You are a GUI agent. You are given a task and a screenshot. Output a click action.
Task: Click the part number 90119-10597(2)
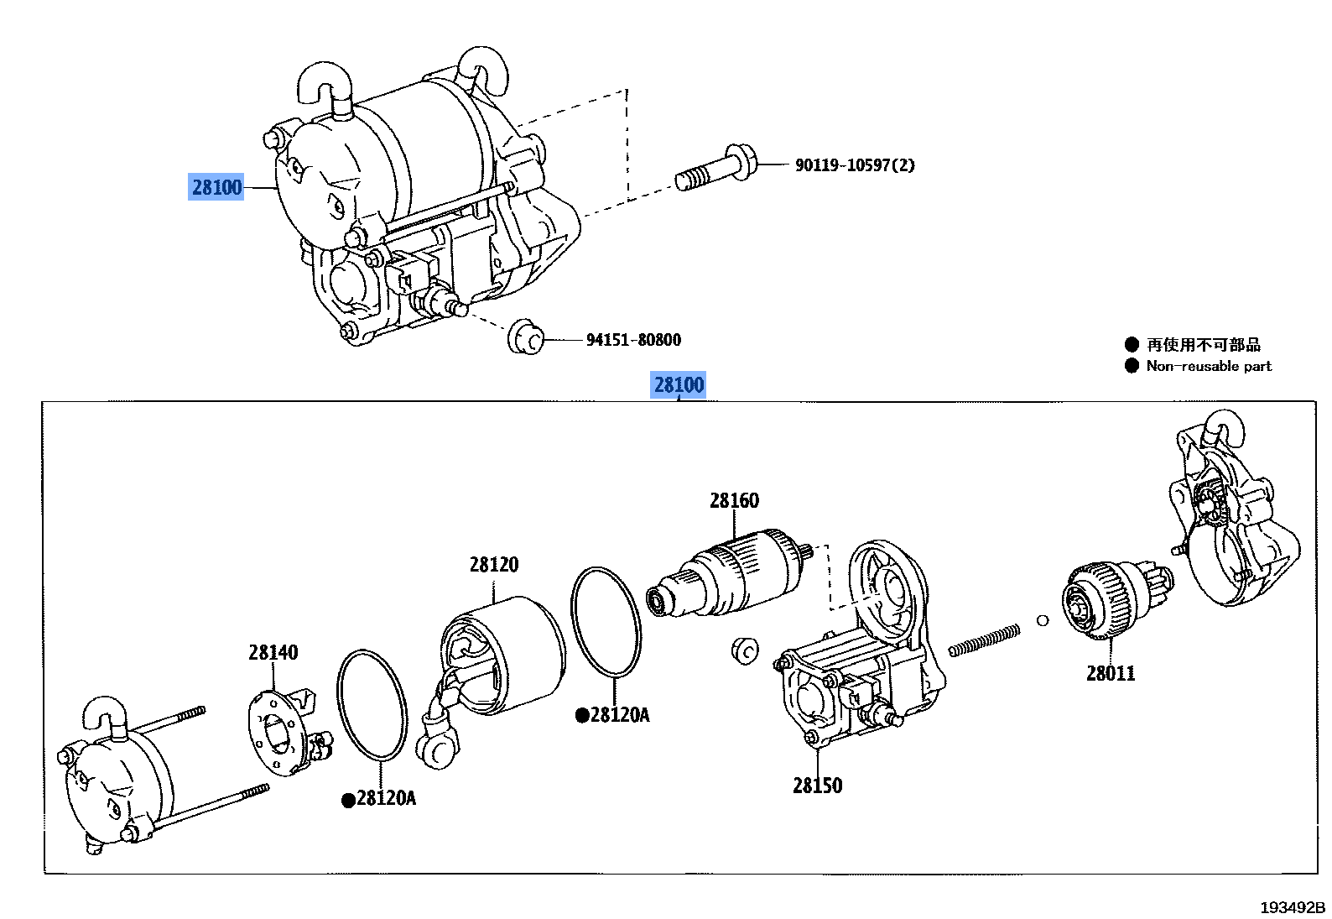[854, 165]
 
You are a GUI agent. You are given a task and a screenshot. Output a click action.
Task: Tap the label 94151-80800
[633, 340]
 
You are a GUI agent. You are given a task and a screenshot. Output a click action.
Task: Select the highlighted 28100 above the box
[679, 385]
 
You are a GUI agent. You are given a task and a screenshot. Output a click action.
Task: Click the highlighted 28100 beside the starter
[216, 187]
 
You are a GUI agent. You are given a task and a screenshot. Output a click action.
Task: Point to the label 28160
[734, 501]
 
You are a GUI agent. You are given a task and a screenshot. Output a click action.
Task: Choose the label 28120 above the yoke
[493, 565]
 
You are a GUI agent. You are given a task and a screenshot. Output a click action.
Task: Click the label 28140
[273, 652]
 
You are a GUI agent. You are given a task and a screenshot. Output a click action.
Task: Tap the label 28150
[817, 786]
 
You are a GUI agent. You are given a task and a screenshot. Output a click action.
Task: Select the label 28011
[1111, 673]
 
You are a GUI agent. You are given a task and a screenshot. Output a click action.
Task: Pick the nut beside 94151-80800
[526, 337]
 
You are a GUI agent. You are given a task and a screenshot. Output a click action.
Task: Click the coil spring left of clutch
[985, 640]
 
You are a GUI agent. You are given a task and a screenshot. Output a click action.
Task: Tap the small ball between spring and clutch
[1043, 620]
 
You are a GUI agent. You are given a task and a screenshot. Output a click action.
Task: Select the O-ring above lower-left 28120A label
[372, 705]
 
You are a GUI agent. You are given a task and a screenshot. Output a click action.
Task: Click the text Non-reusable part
[1209, 366]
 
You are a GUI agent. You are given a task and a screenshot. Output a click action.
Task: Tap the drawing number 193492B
[1292, 907]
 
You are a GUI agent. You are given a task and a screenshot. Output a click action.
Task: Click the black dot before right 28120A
[581, 716]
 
